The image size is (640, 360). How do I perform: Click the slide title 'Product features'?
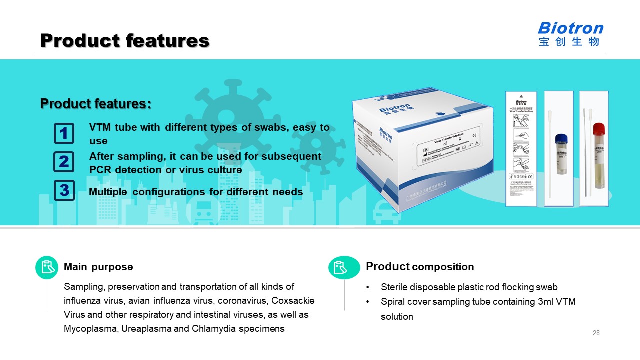[124, 40]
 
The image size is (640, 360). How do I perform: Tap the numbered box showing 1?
[64, 133]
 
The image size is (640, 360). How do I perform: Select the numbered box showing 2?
[64, 162]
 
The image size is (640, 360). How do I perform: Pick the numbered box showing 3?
[64, 190]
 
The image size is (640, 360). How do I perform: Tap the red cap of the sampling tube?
[598, 129]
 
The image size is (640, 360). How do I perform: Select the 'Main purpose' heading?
[98, 267]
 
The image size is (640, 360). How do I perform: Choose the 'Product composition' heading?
[420, 267]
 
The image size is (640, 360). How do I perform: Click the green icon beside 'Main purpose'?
[47, 267]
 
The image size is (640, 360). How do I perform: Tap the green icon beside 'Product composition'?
[344, 267]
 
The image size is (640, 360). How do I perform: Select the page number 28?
[596, 333]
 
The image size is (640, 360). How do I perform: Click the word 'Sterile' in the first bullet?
[395, 287]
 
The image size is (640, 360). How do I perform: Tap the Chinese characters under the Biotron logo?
[569, 42]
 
